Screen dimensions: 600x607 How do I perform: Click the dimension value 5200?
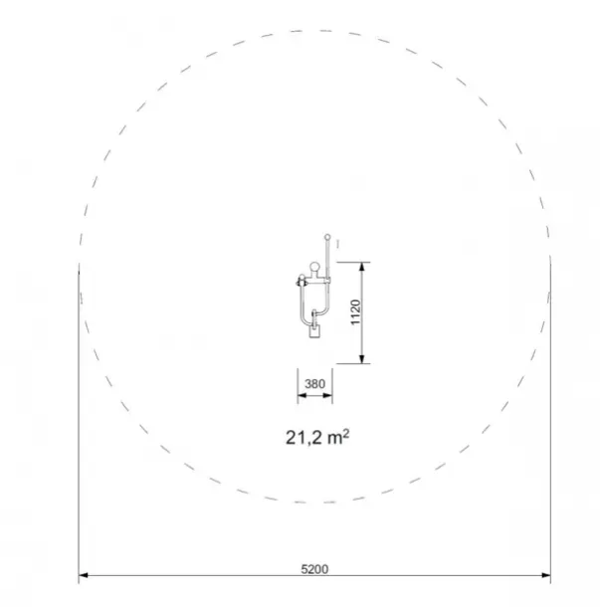point(314,569)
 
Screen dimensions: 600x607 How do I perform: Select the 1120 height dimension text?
point(355,312)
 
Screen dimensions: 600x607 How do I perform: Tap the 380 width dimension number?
point(314,384)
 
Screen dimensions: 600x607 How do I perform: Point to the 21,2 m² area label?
point(317,438)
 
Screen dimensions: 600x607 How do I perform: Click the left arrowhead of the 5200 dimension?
point(83,575)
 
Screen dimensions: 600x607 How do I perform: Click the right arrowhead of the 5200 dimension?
point(546,575)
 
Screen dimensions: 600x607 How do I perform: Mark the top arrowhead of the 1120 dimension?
point(362,267)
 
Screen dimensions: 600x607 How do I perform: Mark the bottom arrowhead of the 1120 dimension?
point(362,359)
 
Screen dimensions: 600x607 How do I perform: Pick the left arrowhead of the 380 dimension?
point(301,396)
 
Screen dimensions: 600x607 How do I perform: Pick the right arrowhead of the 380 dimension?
point(328,396)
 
